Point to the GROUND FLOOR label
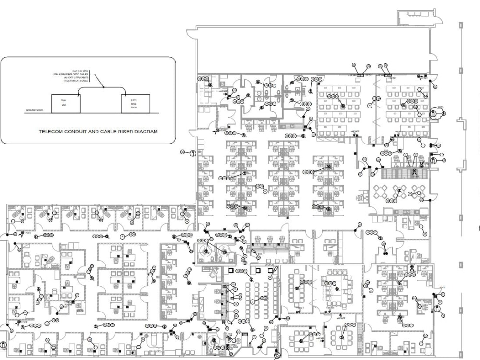click(x=35, y=110)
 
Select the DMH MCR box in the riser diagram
click(x=65, y=103)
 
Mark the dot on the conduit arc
click(x=104, y=87)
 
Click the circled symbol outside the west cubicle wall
click(x=192, y=154)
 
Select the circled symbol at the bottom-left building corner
click(x=3, y=345)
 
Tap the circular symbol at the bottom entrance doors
click(x=277, y=356)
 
